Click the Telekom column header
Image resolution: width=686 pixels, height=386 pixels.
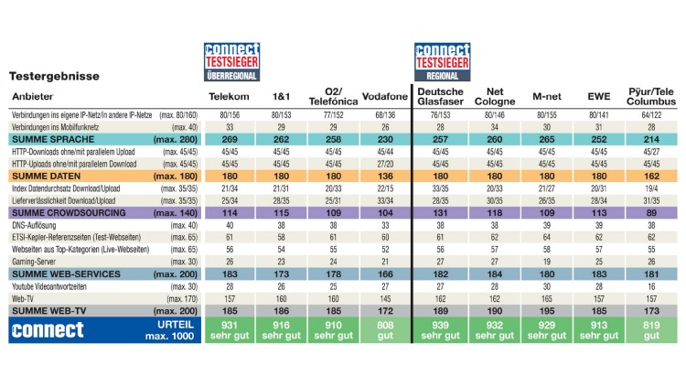pos(229,96)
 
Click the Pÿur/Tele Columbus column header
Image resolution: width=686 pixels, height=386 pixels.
pos(651,96)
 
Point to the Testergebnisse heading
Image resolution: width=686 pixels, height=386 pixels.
pos(54,77)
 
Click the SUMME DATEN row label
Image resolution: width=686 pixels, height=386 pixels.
pos(45,175)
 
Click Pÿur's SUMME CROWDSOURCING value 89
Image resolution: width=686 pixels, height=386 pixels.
pos(651,212)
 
